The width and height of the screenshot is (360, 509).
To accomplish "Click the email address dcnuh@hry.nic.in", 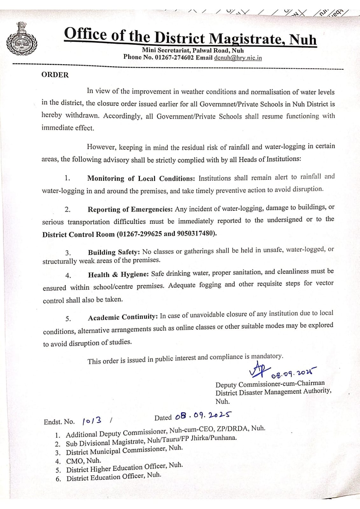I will point(238,58).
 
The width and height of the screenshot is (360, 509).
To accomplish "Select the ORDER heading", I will point(55,75).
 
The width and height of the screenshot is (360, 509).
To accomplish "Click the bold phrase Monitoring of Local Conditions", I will point(141,178).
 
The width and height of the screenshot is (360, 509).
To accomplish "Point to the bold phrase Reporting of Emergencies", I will point(130,209).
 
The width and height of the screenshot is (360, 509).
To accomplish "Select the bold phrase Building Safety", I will point(114,252).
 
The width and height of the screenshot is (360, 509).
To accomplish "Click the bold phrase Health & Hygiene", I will point(118,275).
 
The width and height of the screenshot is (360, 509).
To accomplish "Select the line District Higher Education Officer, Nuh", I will point(124,467).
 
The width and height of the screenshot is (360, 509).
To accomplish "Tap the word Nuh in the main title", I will point(303,40).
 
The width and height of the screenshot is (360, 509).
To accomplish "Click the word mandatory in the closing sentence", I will point(267,356).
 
